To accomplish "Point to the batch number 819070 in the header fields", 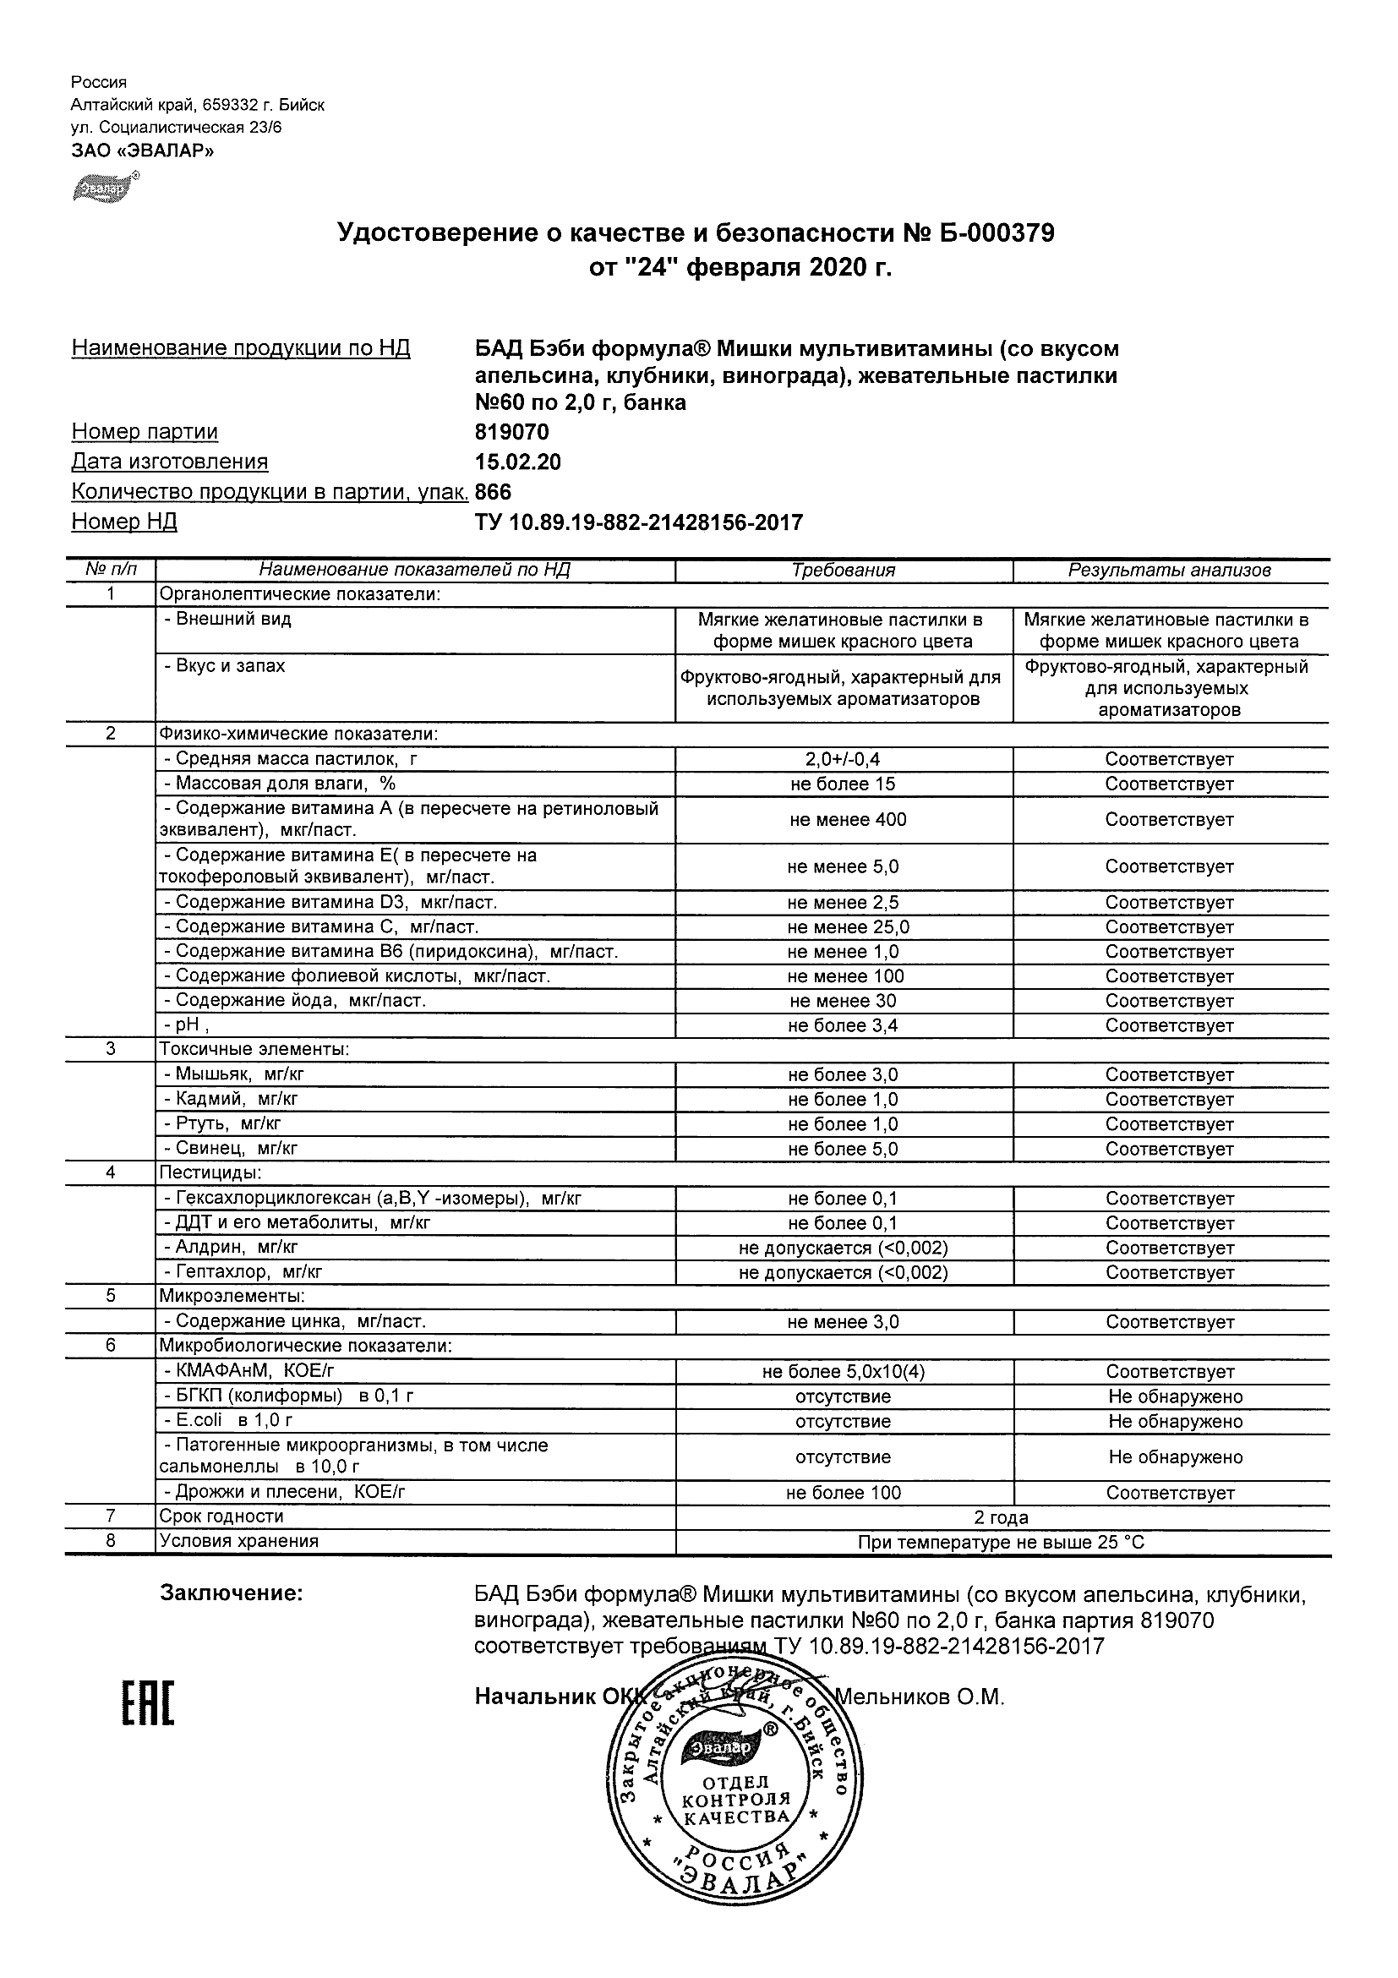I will click(x=511, y=432).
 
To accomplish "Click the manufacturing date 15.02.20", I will click(x=517, y=462).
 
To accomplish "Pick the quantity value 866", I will click(x=493, y=492).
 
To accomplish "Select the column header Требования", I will click(x=844, y=571).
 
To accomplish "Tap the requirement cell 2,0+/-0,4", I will click(x=844, y=759).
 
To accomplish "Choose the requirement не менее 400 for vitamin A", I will click(x=848, y=819).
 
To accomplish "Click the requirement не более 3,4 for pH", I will click(x=844, y=1025).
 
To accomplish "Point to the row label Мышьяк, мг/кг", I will click(x=233, y=1074).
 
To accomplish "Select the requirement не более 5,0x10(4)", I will click(x=844, y=1372).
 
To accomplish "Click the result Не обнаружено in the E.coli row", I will click(x=1175, y=1422).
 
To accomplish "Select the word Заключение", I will click(x=232, y=1593).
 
